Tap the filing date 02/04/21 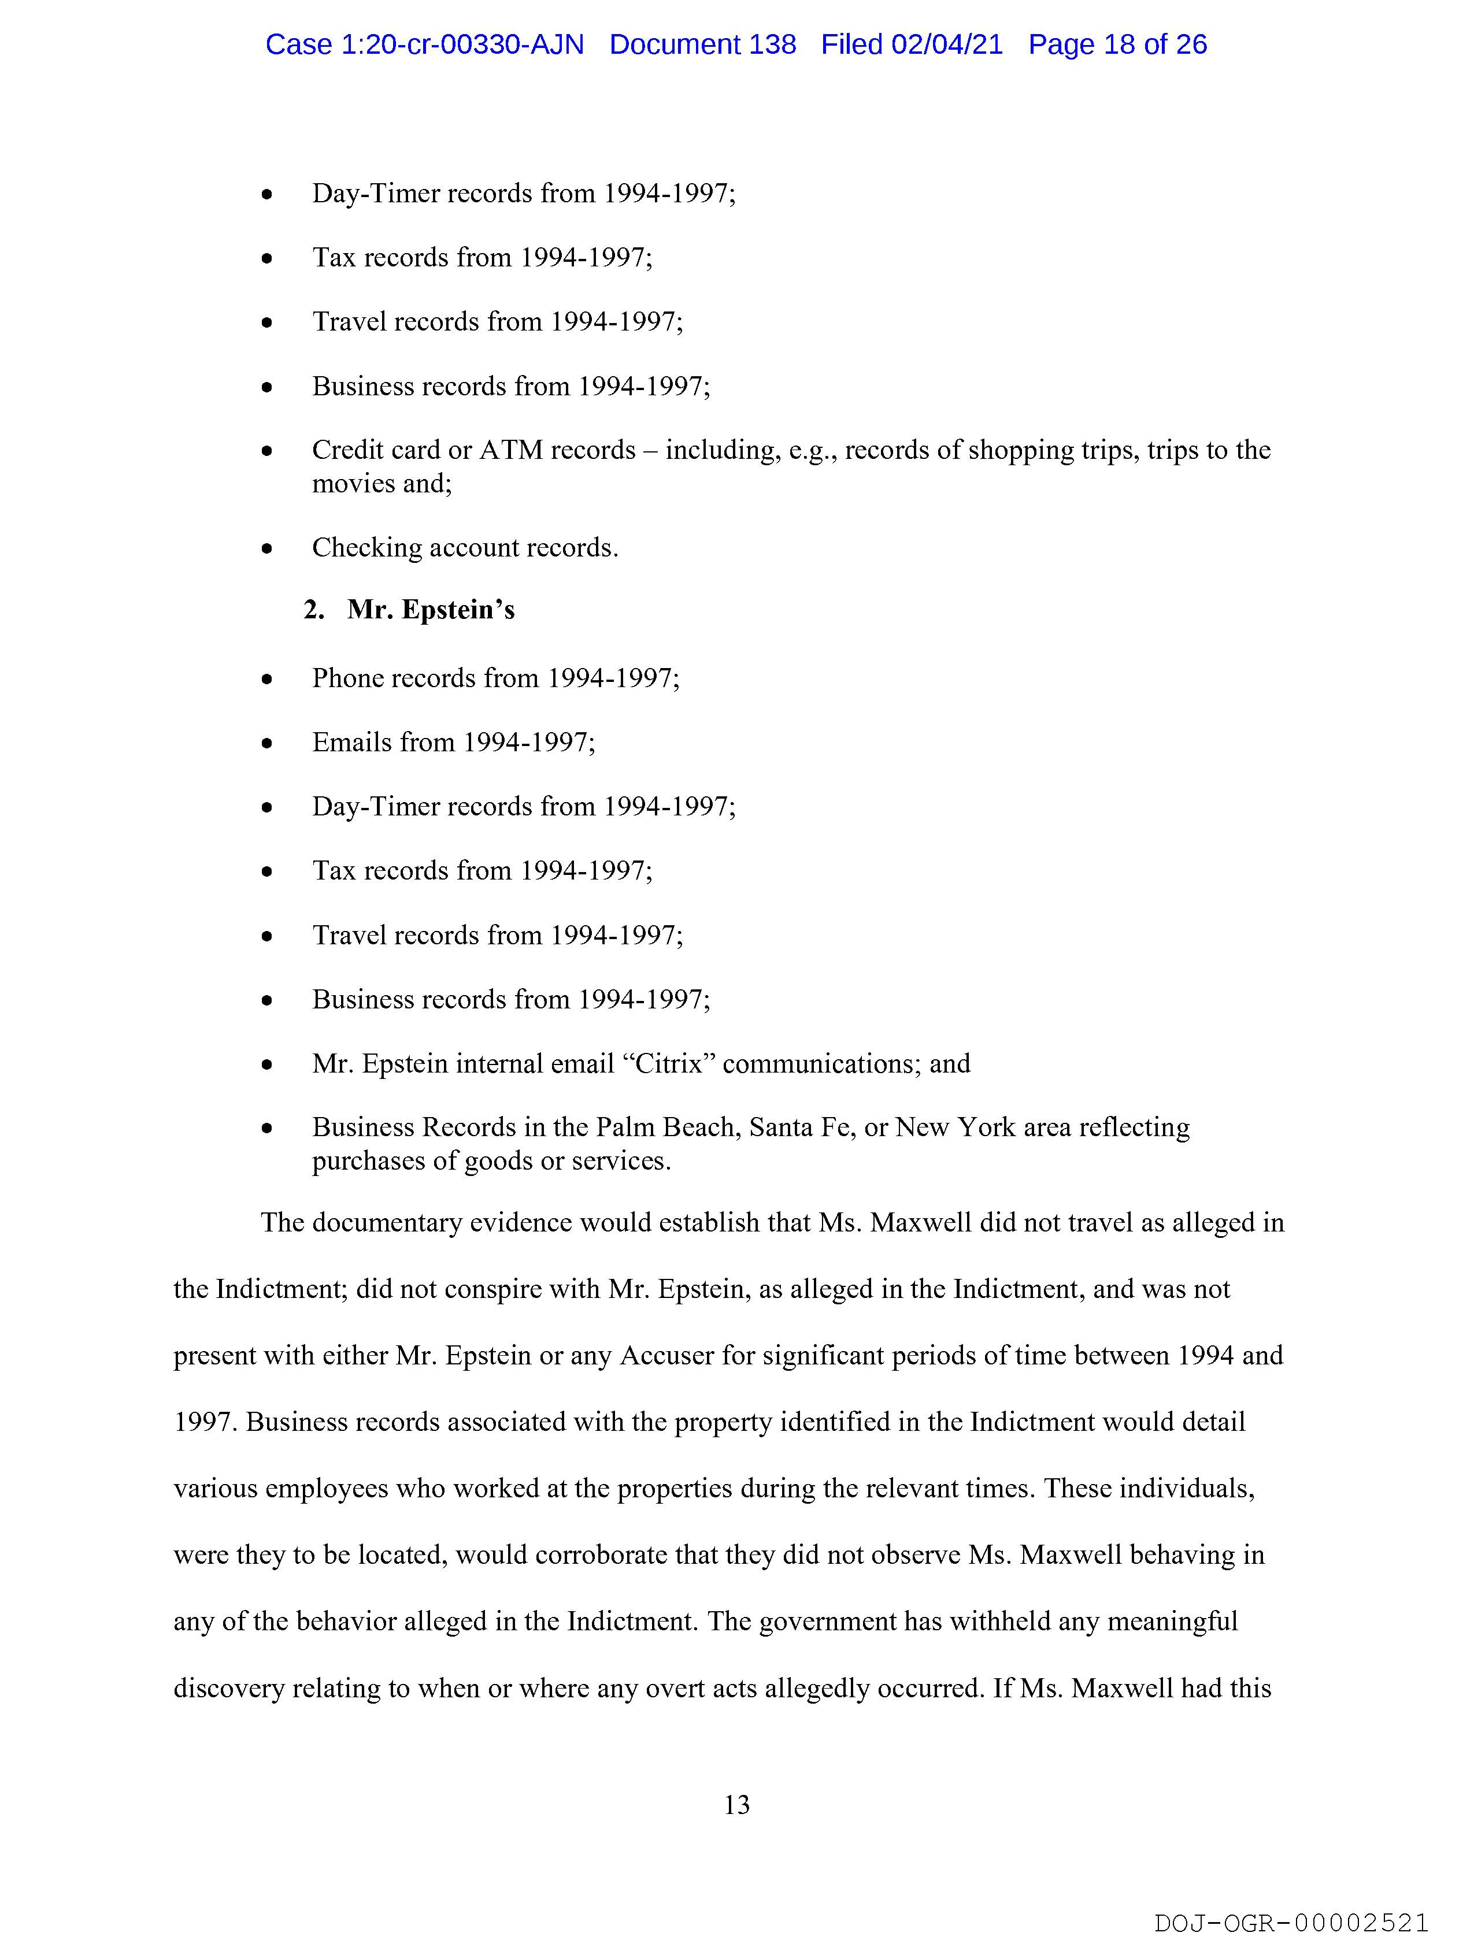pyautogui.click(x=947, y=44)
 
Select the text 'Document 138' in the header pyautogui.click(x=703, y=44)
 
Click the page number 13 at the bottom pyautogui.click(x=737, y=1804)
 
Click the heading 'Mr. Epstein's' pyautogui.click(x=431, y=610)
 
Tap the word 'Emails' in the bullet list pyautogui.click(x=351, y=742)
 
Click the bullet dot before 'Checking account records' pyautogui.click(x=266, y=549)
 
